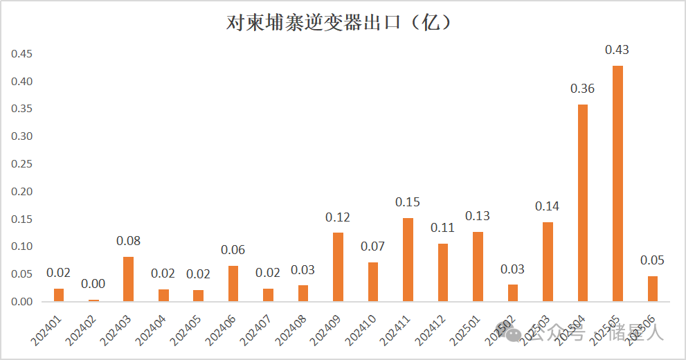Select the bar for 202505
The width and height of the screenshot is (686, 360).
click(x=617, y=183)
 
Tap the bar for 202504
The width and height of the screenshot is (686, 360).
click(x=583, y=203)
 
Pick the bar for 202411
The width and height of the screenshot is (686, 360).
click(x=408, y=260)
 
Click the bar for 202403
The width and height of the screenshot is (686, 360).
click(x=129, y=279)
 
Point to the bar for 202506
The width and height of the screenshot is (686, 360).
click(x=653, y=289)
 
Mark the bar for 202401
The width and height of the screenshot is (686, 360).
click(x=59, y=295)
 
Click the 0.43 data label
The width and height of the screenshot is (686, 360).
click(x=617, y=50)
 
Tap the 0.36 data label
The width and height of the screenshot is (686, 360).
click(x=582, y=89)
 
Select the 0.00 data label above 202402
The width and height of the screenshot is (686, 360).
click(x=93, y=284)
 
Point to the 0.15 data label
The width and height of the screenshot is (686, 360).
click(x=408, y=202)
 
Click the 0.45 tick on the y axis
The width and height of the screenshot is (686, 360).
click(x=22, y=54)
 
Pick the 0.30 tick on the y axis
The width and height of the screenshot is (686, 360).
click(x=22, y=136)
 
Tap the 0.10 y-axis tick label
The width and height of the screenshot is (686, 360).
click(x=22, y=246)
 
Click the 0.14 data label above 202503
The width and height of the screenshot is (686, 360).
click(x=548, y=206)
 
